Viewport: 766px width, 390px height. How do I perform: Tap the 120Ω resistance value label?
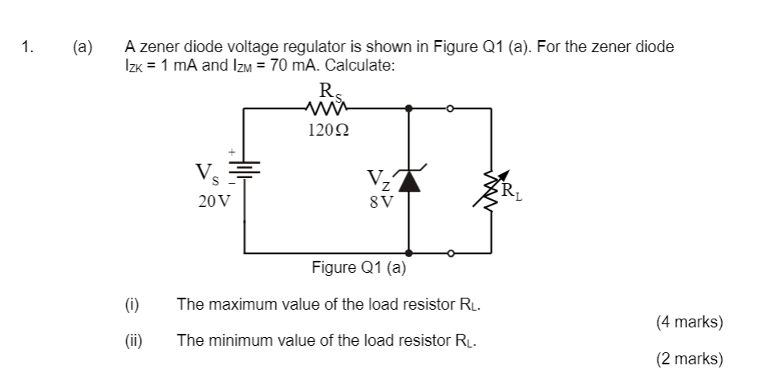click(325, 129)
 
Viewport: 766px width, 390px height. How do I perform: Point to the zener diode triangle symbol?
click(410, 182)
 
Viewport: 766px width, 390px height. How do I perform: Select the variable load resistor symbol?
click(490, 189)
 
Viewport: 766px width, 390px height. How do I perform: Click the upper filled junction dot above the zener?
click(410, 107)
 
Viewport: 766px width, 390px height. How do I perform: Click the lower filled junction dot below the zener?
click(410, 253)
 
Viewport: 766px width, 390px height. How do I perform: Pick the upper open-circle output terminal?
click(451, 107)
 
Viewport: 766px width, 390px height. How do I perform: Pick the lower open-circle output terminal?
click(451, 253)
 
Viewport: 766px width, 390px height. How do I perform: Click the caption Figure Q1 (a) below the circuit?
click(359, 267)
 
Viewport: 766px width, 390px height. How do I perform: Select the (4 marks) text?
click(689, 323)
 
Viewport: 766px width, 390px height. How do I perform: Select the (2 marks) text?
click(689, 359)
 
